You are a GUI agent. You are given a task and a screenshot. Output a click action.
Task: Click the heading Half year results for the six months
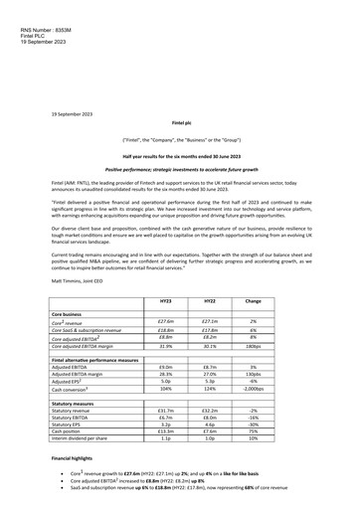(x=179, y=157)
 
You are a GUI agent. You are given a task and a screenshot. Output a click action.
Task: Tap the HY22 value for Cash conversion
(x=209, y=390)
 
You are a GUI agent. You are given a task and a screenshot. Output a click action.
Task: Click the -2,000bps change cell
(x=253, y=390)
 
